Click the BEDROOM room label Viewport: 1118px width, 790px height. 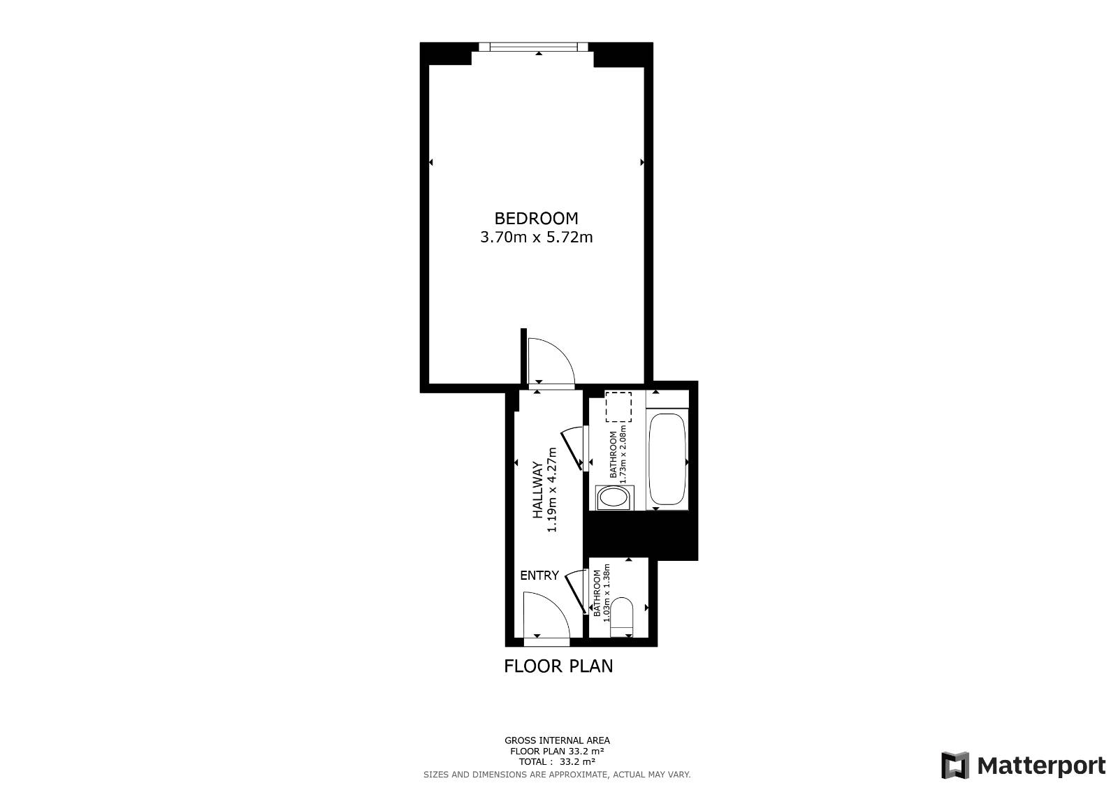[536, 219]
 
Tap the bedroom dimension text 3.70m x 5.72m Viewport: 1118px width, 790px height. [537, 237]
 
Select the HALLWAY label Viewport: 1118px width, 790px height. [537, 490]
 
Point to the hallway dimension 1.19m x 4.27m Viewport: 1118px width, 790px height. [551, 490]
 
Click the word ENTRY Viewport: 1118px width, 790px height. [539, 576]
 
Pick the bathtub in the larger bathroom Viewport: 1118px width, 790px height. [667, 459]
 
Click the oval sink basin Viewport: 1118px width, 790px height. [614, 497]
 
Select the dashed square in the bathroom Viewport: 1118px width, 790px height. [618, 407]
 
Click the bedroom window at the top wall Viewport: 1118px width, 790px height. [534, 47]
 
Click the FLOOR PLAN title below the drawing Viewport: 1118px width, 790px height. [558, 666]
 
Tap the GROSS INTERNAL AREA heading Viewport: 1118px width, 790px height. [557, 740]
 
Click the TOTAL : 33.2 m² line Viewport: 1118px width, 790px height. [557, 761]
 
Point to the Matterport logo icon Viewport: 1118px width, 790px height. [954, 765]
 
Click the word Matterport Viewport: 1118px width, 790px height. [1041, 766]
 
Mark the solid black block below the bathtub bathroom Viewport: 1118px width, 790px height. [640, 535]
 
